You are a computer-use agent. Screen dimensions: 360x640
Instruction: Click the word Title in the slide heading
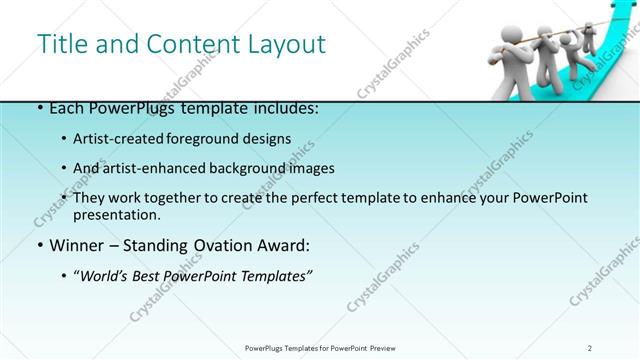(60, 44)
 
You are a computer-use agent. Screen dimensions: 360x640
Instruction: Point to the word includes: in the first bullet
(284, 108)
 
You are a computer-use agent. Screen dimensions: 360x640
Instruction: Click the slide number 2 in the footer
(590, 348)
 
